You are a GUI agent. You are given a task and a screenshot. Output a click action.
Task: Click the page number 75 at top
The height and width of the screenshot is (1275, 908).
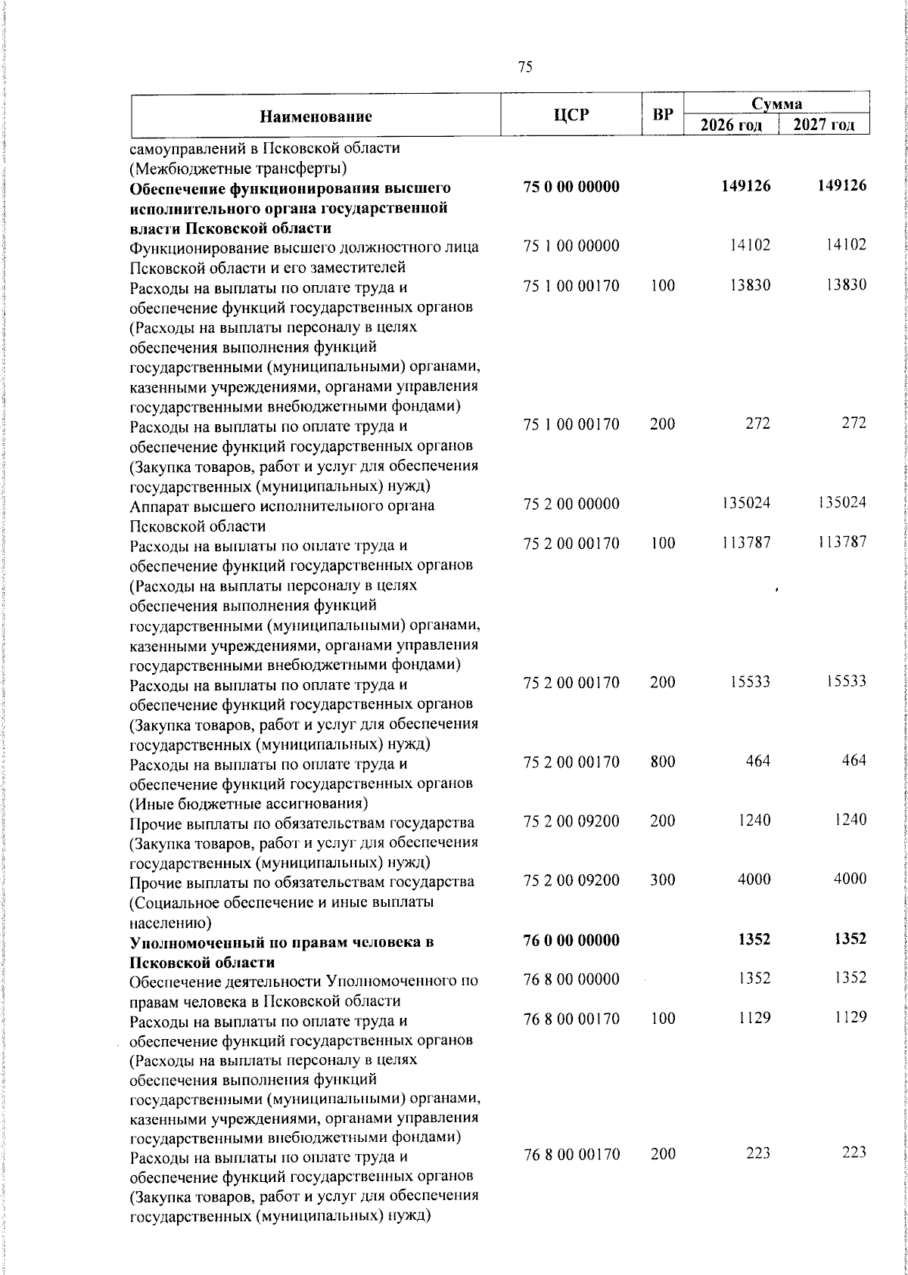pos(525,67)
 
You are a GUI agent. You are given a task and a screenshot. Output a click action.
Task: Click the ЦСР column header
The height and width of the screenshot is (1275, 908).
pos(571,115)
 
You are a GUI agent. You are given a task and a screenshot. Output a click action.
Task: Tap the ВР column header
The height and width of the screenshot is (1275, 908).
pos(663,115)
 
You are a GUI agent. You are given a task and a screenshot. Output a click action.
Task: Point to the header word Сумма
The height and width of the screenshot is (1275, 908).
pos(776,104)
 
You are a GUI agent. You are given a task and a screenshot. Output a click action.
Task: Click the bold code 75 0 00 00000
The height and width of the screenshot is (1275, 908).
pos(571,187)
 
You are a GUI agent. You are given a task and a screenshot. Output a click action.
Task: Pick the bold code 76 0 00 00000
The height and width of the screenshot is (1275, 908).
pos(571,940)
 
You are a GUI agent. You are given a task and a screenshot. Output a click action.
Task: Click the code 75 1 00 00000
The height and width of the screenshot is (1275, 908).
pos(571,246)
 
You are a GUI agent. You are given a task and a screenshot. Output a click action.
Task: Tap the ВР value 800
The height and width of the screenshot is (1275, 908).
pos(662,762)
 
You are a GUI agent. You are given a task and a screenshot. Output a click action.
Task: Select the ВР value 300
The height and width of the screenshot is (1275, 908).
pos(662,880)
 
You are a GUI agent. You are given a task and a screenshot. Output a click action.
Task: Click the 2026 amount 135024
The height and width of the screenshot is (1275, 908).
pos(745,503)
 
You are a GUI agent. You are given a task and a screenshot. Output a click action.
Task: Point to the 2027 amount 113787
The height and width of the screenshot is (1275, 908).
pos(842,542)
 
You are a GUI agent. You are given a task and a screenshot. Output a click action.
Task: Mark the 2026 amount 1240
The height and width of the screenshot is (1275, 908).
pos(754,821)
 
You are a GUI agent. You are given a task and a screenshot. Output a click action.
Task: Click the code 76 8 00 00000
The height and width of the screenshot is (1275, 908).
pos(571,979)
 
